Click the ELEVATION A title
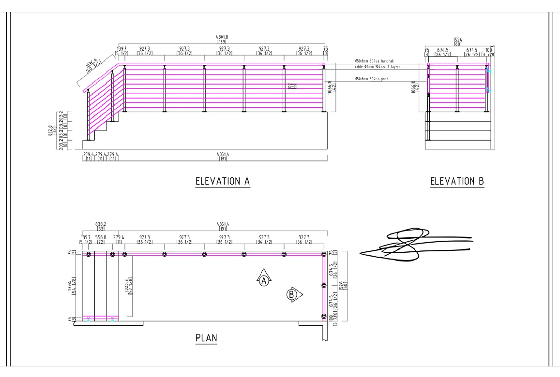(222, 181)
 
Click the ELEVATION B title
(457, 181)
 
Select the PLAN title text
(206, 338)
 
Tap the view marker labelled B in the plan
(292, 294)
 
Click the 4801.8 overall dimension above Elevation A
(222, 37)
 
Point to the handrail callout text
(374, 61)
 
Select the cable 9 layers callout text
(374, 67)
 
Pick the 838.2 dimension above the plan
(101, 224)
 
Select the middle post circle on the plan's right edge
(324, 286)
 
